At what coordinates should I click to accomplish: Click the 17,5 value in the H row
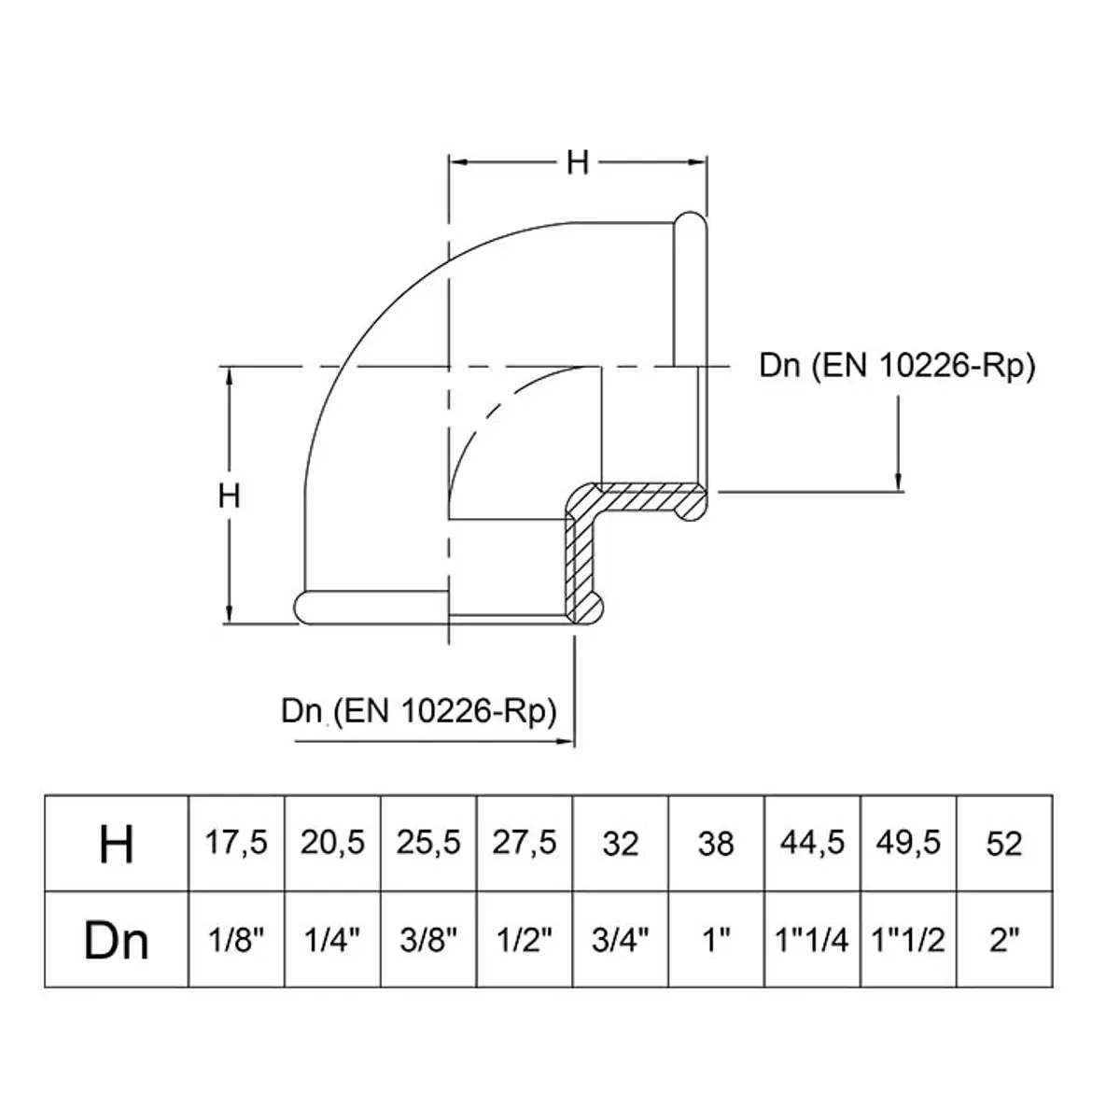point(236,842)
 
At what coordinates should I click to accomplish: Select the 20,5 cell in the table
point(332,842)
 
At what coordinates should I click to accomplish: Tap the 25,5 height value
point(428,842)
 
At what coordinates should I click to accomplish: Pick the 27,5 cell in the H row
point(525,842)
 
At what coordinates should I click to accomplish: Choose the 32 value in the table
point(620,844)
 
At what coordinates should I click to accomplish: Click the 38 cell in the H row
point(716,844)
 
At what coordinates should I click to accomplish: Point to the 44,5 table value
point(812,842)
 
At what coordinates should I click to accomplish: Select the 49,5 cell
point(908,842)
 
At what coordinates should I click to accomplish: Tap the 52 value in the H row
point(1003,844)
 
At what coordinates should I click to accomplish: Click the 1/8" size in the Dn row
point(236,940)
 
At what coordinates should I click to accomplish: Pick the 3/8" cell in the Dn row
point(428,940)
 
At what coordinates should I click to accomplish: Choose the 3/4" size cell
point(620,940)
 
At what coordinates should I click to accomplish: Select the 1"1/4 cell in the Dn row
point(812,940)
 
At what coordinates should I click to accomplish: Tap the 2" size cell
point(1003,940)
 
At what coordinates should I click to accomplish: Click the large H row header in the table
point(117,844)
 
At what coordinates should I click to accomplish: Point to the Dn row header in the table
point(117,941)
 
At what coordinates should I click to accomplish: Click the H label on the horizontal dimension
point(578,162)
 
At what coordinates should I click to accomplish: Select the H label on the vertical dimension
point(229,496)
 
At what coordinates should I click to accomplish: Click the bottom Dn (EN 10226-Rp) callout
point(418,711)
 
